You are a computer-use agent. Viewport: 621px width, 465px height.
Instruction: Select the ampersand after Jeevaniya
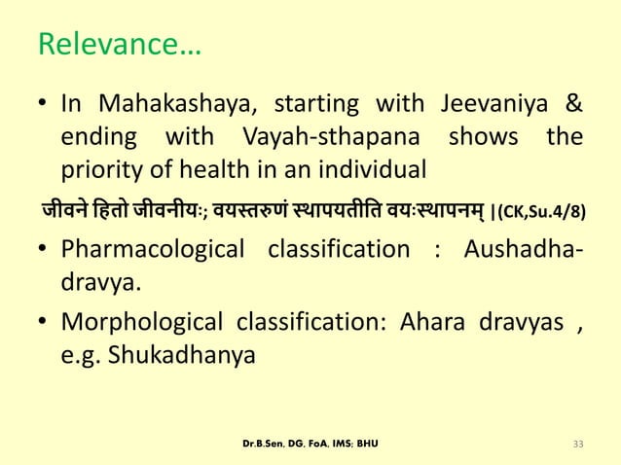574,104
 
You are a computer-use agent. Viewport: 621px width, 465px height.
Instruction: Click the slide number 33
578,445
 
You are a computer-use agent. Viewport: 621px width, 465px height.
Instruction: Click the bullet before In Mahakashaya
43,105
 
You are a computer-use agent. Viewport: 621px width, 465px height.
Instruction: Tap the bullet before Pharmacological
43,250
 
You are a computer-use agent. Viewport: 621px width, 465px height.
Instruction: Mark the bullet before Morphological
43,323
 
